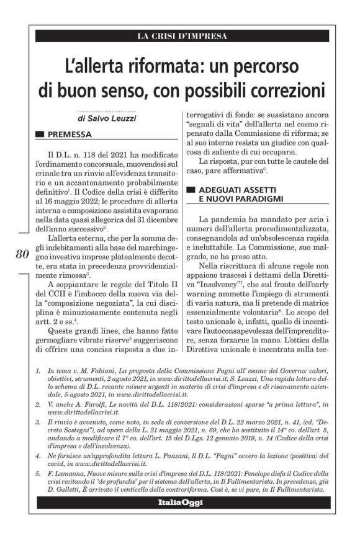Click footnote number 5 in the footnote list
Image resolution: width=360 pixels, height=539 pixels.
38,472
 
